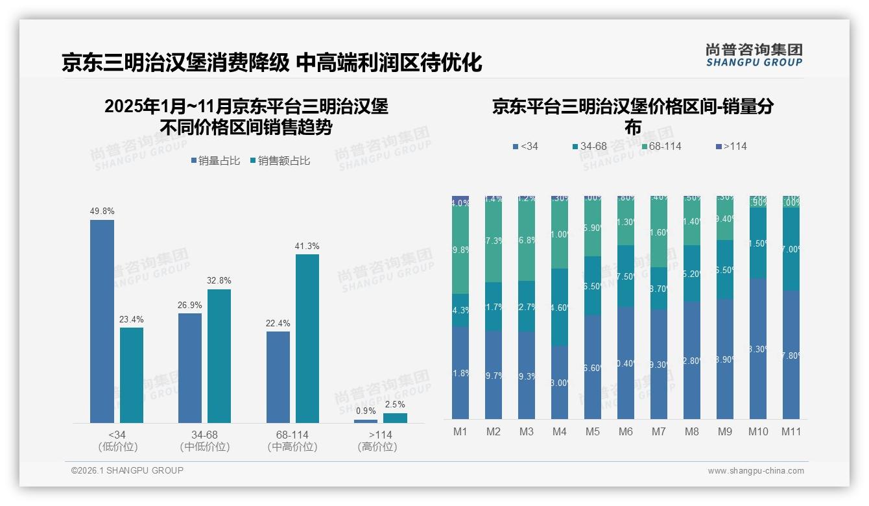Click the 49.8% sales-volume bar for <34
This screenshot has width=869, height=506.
coord(102,321)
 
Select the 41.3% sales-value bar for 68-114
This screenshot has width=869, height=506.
coord(307,338)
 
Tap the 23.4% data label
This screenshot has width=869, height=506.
coord(132,319)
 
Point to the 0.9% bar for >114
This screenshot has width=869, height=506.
coord(366,421)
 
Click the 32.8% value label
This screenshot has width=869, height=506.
coord(219,281)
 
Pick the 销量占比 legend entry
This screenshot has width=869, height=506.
coord(215,161)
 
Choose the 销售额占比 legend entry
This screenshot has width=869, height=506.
coord(280,161)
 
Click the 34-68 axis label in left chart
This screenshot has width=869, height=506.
coord(204,434)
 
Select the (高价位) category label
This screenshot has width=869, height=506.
coord(377,447)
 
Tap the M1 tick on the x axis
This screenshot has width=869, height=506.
coord(460,431)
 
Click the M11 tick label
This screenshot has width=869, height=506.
coord(791,431)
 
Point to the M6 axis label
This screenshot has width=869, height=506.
coord(625,431)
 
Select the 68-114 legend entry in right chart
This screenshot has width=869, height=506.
coord(661,146)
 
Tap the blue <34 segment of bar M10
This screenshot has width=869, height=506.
coord(757,348)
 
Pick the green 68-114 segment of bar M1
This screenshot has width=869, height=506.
coord(460,250)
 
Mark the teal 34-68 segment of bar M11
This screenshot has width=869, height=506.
coord(791,249)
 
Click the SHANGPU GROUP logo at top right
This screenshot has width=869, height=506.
coord(754,55)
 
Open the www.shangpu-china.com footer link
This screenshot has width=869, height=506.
coord(756,471)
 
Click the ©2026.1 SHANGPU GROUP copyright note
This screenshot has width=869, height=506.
coord(127,470)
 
